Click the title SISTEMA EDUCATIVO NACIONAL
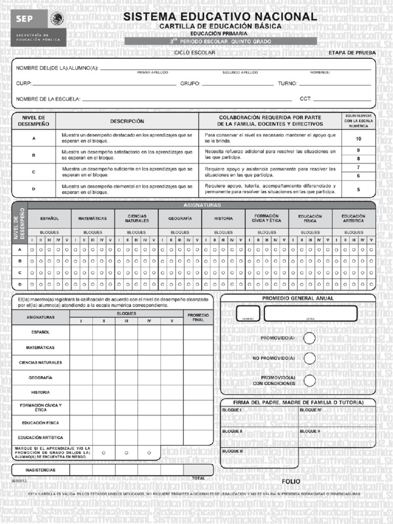click(221, 17)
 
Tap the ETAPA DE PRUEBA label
click(352, 53)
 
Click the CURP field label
click(24, 83)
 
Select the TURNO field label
click(287, 83)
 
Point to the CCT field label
click(305, 99)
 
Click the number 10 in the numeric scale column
click(358, 139)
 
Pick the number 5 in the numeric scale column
click(358, 189)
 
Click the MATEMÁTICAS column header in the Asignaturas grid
click(93, 219)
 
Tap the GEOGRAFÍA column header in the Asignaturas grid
click(180, 219)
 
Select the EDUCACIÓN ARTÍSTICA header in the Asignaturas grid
click(354, 219)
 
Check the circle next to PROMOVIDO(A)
click(309, 338)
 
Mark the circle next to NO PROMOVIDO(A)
click(309, 358)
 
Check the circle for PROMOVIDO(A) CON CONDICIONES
click(309, 380)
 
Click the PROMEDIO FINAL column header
click(198, 317)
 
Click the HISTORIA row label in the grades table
click(40, 392)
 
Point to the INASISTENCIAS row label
click(40, 470)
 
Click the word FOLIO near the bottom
click(291, 482)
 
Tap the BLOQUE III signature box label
click(232, 451)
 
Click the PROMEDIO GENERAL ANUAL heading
click(298, 298)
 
